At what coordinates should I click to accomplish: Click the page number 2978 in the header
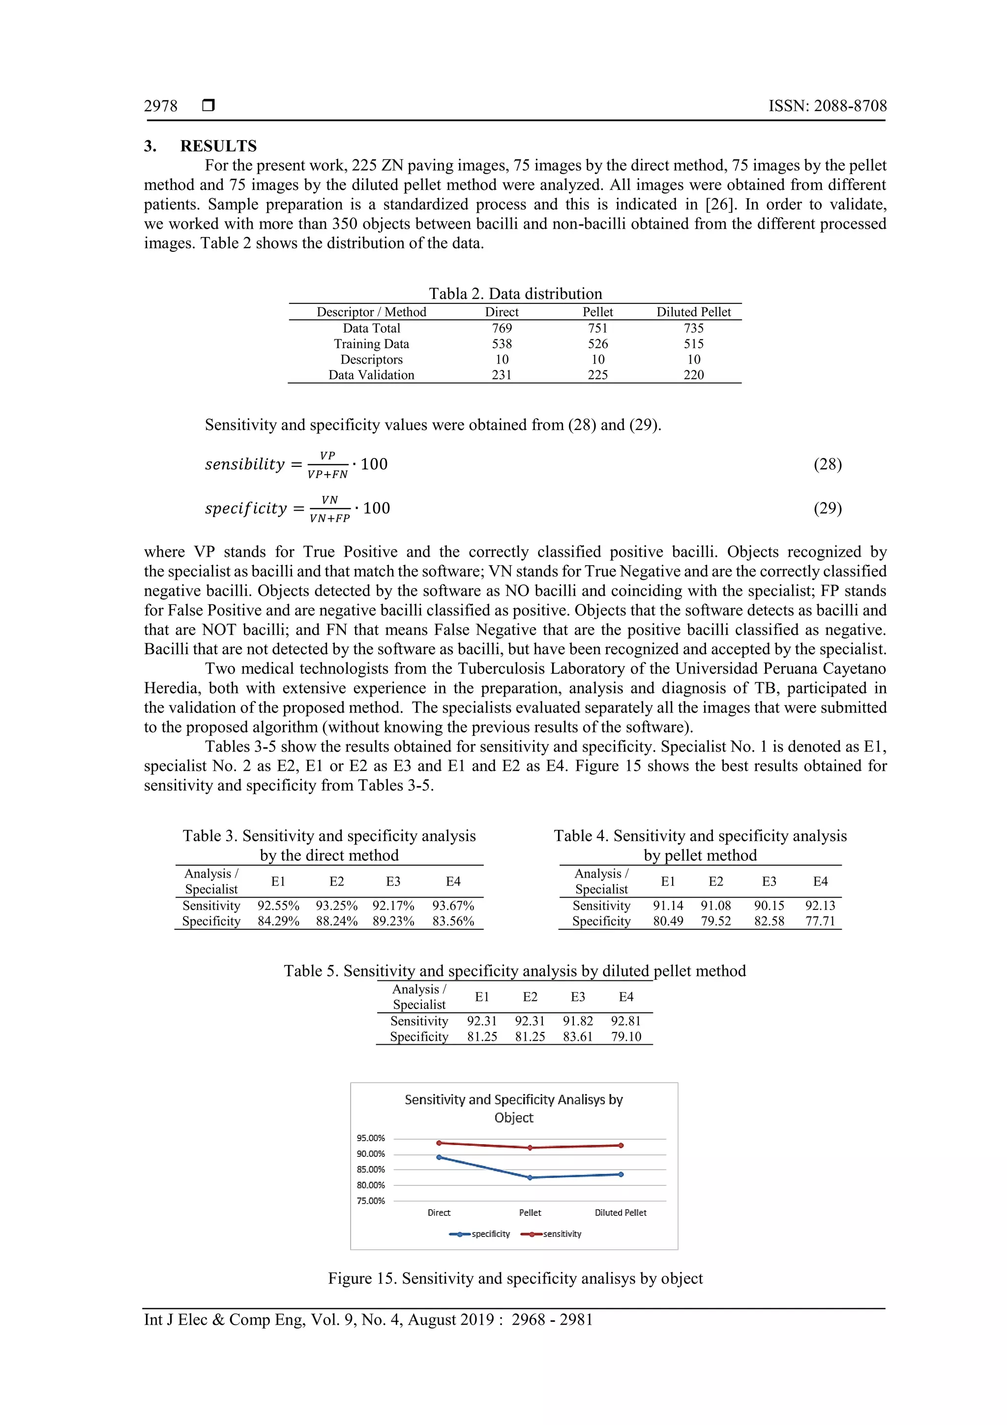point(160,106)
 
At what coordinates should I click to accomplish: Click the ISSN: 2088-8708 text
point(827,106)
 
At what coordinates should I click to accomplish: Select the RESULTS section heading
point(218,146)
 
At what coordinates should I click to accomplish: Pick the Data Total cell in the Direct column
point(502,328)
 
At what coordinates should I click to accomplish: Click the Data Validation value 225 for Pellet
point(597,375)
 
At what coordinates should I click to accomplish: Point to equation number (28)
point(827,464)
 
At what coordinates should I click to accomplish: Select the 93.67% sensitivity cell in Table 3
point(453,906)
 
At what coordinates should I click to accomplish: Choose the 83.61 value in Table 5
point(577,1036)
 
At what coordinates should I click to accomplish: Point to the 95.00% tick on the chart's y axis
point(370,1138)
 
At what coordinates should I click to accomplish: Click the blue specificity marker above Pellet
point(530,1178)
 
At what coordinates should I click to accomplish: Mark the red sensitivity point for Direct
point(439,1143)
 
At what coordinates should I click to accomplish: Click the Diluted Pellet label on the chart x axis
point(620,1212)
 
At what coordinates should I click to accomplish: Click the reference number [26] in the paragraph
point(719,204)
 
